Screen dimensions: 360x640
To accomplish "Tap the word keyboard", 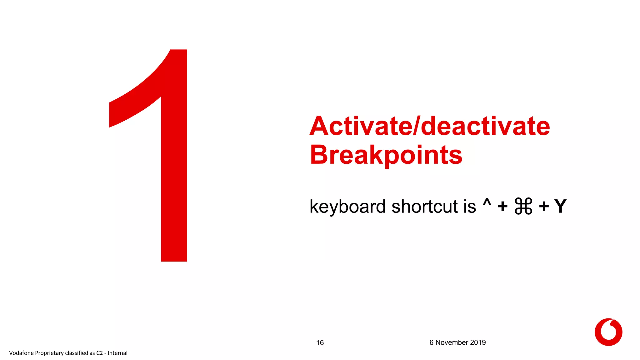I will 347,207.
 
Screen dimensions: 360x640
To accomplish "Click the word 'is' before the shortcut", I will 470,207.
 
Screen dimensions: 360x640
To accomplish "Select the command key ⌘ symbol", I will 523,206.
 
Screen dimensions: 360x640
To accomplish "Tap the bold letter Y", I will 560,206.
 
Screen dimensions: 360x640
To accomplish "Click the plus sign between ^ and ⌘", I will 502,207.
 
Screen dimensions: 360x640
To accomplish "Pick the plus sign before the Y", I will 544,207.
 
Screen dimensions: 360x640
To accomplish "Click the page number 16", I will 320,343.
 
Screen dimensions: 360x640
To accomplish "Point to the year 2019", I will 478,342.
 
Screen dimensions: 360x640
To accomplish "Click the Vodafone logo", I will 608,332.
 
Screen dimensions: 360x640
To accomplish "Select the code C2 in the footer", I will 99,353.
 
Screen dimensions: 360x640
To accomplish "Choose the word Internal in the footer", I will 117,353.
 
